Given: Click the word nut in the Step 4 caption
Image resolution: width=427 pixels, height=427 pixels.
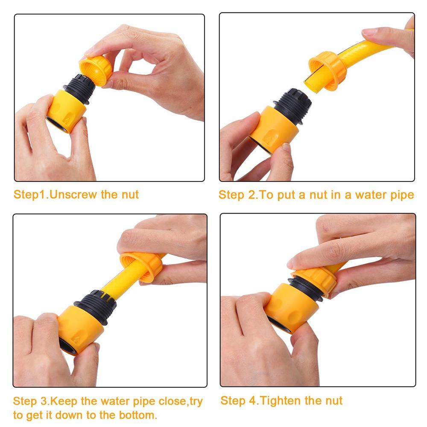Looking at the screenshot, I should click(333, 401).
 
